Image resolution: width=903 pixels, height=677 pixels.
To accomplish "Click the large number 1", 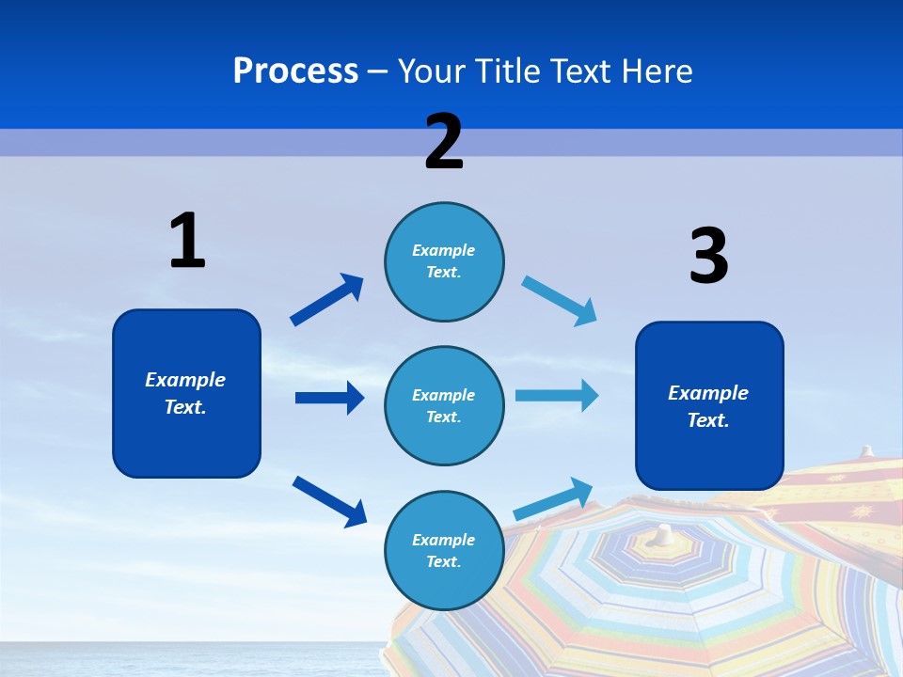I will point(187,242).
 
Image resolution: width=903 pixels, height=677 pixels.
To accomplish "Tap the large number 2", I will point(444,142).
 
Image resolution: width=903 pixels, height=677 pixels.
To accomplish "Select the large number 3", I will point(708,257).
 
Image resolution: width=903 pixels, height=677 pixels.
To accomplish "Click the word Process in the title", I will point(295,71).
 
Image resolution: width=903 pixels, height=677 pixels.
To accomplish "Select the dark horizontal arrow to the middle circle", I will point(329,398).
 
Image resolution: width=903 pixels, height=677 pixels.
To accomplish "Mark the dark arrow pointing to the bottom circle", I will point(329,501).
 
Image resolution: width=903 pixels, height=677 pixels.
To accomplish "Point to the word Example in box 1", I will point(185,380).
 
